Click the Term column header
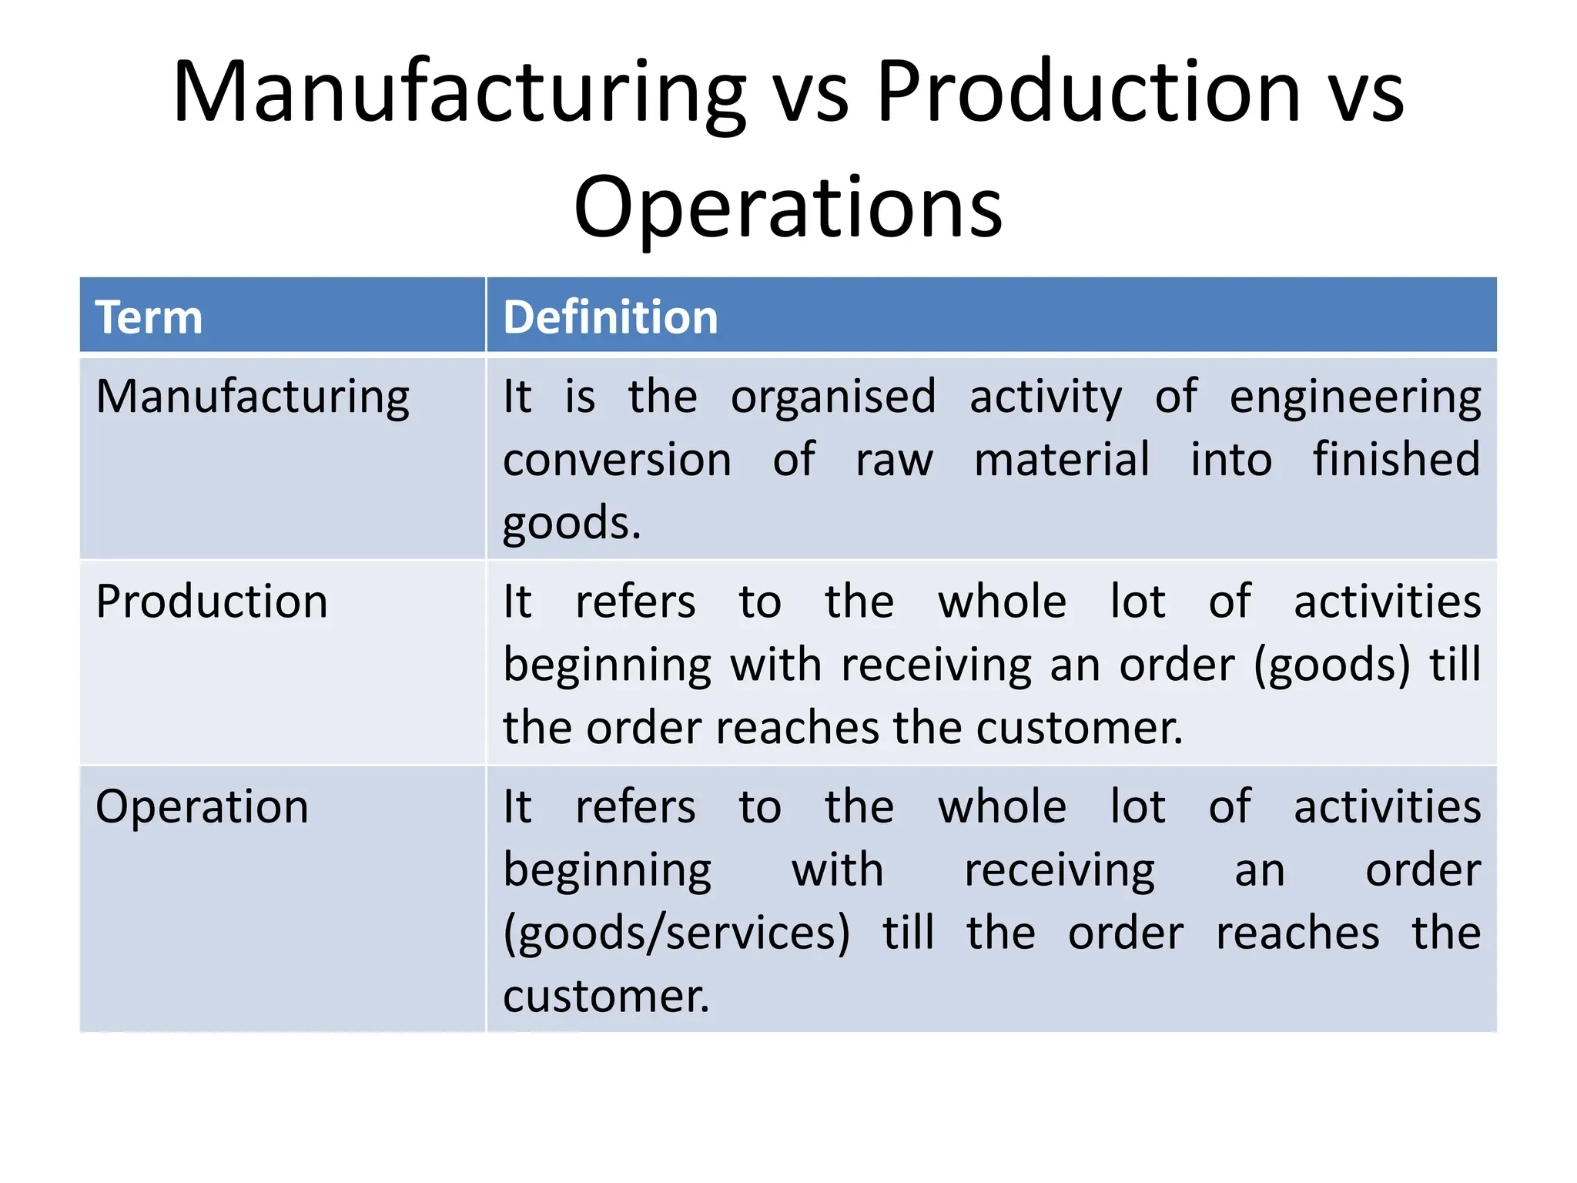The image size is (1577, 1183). pos(149,317)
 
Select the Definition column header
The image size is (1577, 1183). pos(610,317)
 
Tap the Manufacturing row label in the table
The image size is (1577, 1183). pos(253,397)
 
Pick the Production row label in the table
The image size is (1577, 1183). pos(212,602)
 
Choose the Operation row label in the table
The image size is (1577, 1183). pos(202,807)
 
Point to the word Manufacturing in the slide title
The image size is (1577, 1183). pos(460,92)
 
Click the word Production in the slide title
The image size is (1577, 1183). pos(1088,92)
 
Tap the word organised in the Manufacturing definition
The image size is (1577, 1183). pos(833,397)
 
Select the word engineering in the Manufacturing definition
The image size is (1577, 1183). pos(1354,397)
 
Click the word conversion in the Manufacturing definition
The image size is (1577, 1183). pos(617,460)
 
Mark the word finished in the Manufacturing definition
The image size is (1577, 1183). pos(1396,460)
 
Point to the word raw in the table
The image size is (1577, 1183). pos(894,460)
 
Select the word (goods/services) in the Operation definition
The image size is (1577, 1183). pos(677,933)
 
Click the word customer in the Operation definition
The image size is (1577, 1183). pos(605,996)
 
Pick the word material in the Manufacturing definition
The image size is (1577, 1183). pos(1062,460)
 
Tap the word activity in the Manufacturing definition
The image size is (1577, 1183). pos(1045,397)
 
